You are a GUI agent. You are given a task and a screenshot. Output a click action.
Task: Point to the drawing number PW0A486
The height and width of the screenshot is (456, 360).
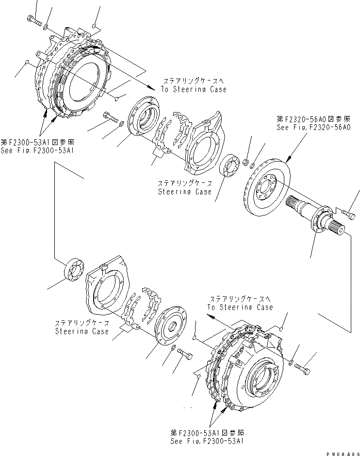click(x=342, y=451)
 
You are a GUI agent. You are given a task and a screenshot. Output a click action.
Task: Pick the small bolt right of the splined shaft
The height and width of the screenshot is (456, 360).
click(x=348, y=212)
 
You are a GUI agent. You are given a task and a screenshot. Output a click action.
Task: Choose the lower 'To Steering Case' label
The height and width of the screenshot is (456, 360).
click(x=240, y=307)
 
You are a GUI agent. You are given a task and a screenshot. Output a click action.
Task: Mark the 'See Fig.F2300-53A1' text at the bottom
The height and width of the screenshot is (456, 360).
click(x=206, y=441)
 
